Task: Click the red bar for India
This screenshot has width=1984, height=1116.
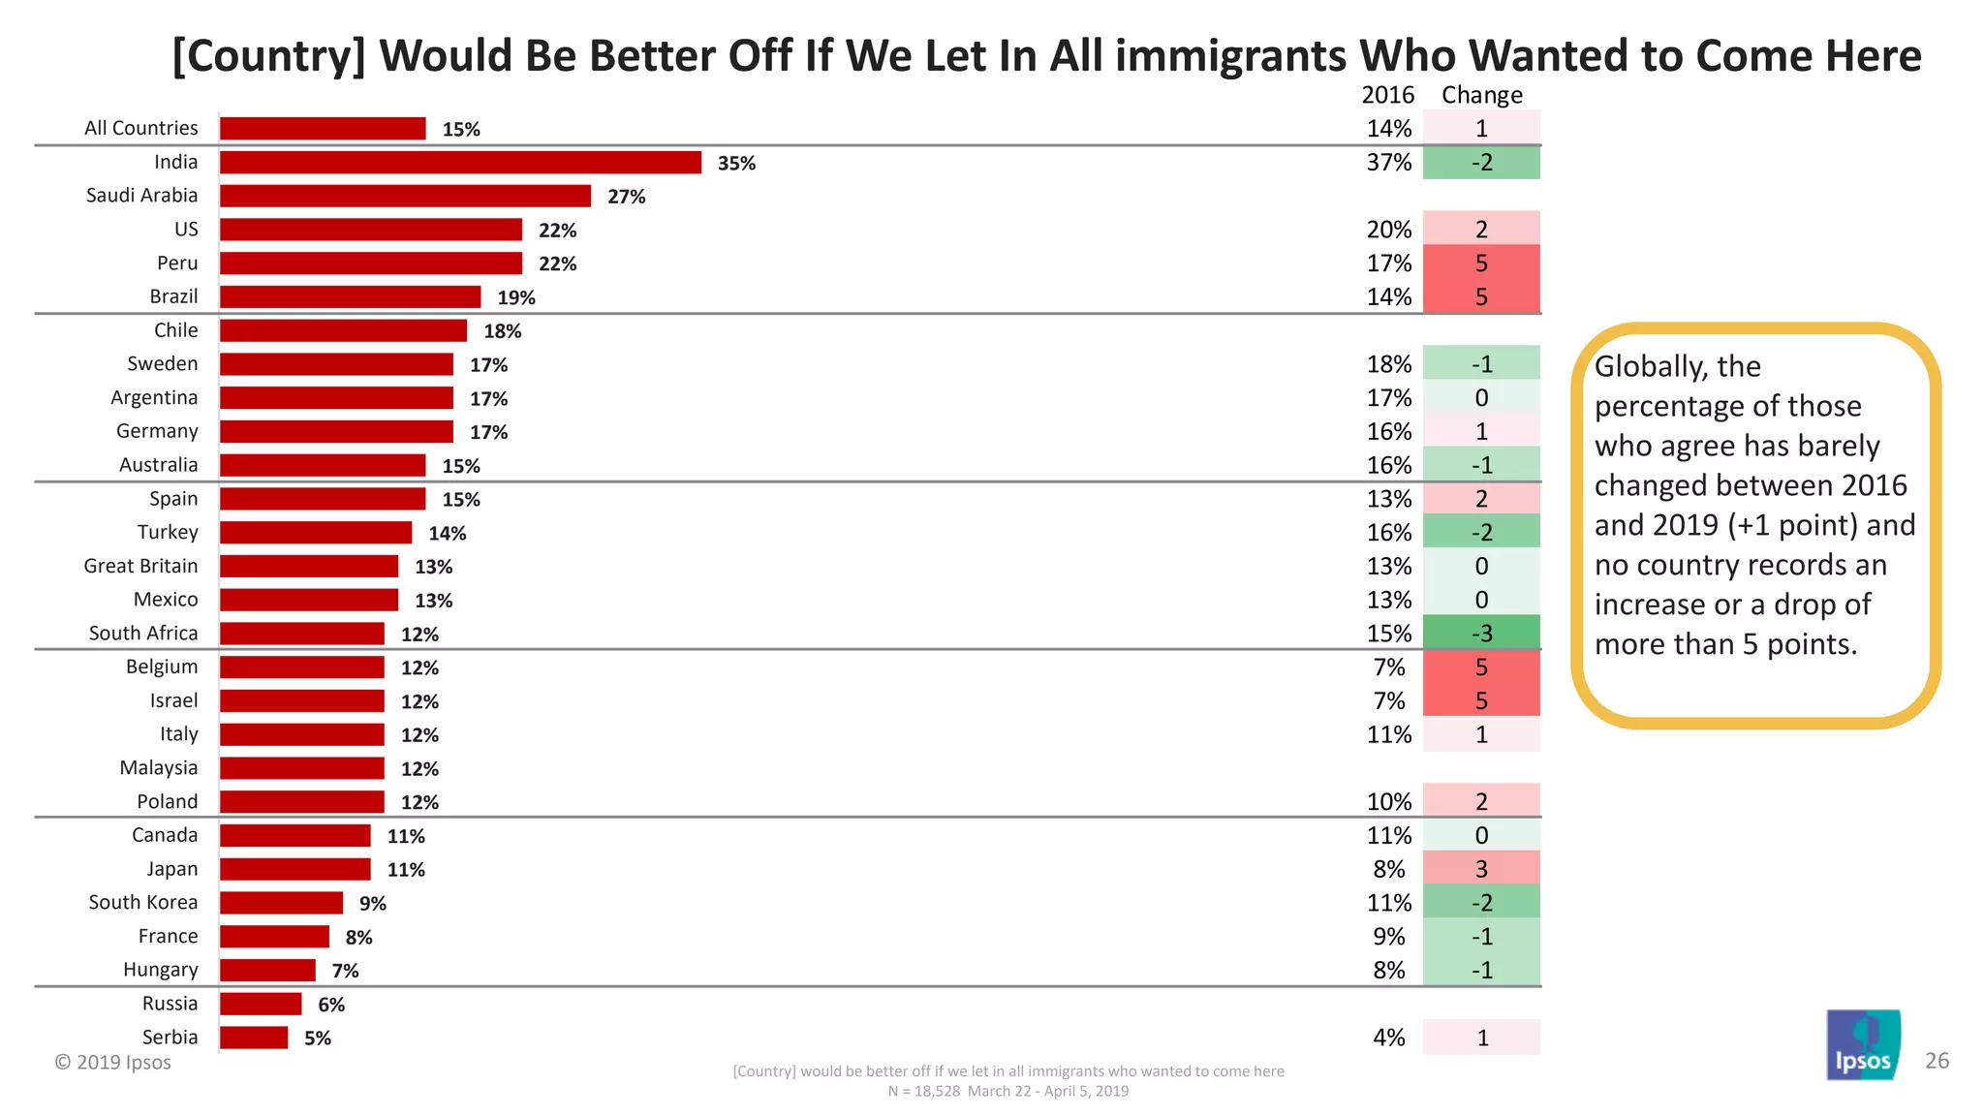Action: tap(460, 163)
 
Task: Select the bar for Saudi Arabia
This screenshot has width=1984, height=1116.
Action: tap(405, 196)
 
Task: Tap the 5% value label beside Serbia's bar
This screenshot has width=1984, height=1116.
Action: tap(318, 1038)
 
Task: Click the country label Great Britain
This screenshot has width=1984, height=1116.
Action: tap(140, 566)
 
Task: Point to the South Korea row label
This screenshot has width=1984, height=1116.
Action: tap(142, 902)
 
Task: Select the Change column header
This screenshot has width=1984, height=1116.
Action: tap(1481, 95)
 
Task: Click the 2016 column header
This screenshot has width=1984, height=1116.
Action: tap(1387, 95)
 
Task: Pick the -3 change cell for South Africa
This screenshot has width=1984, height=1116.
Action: tap(1481, 634)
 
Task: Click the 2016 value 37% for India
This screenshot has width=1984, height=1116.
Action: tap(1388, 163)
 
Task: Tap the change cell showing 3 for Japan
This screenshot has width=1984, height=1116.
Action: tap(1481, 869)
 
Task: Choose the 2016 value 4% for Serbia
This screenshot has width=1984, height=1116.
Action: tap(1388, 1038)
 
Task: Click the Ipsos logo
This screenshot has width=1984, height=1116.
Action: tap(1863, 1046)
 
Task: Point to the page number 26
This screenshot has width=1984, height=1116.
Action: tap(1937, 1061)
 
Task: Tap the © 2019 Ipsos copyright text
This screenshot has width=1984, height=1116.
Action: tap(112, 1062)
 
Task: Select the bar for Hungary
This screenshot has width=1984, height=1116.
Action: tap(267, 970)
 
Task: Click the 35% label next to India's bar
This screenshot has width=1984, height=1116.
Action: tap(736, 164)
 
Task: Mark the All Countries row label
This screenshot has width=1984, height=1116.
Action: tap(140, 128)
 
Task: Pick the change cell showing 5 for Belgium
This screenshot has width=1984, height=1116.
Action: tap(1481, 666)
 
